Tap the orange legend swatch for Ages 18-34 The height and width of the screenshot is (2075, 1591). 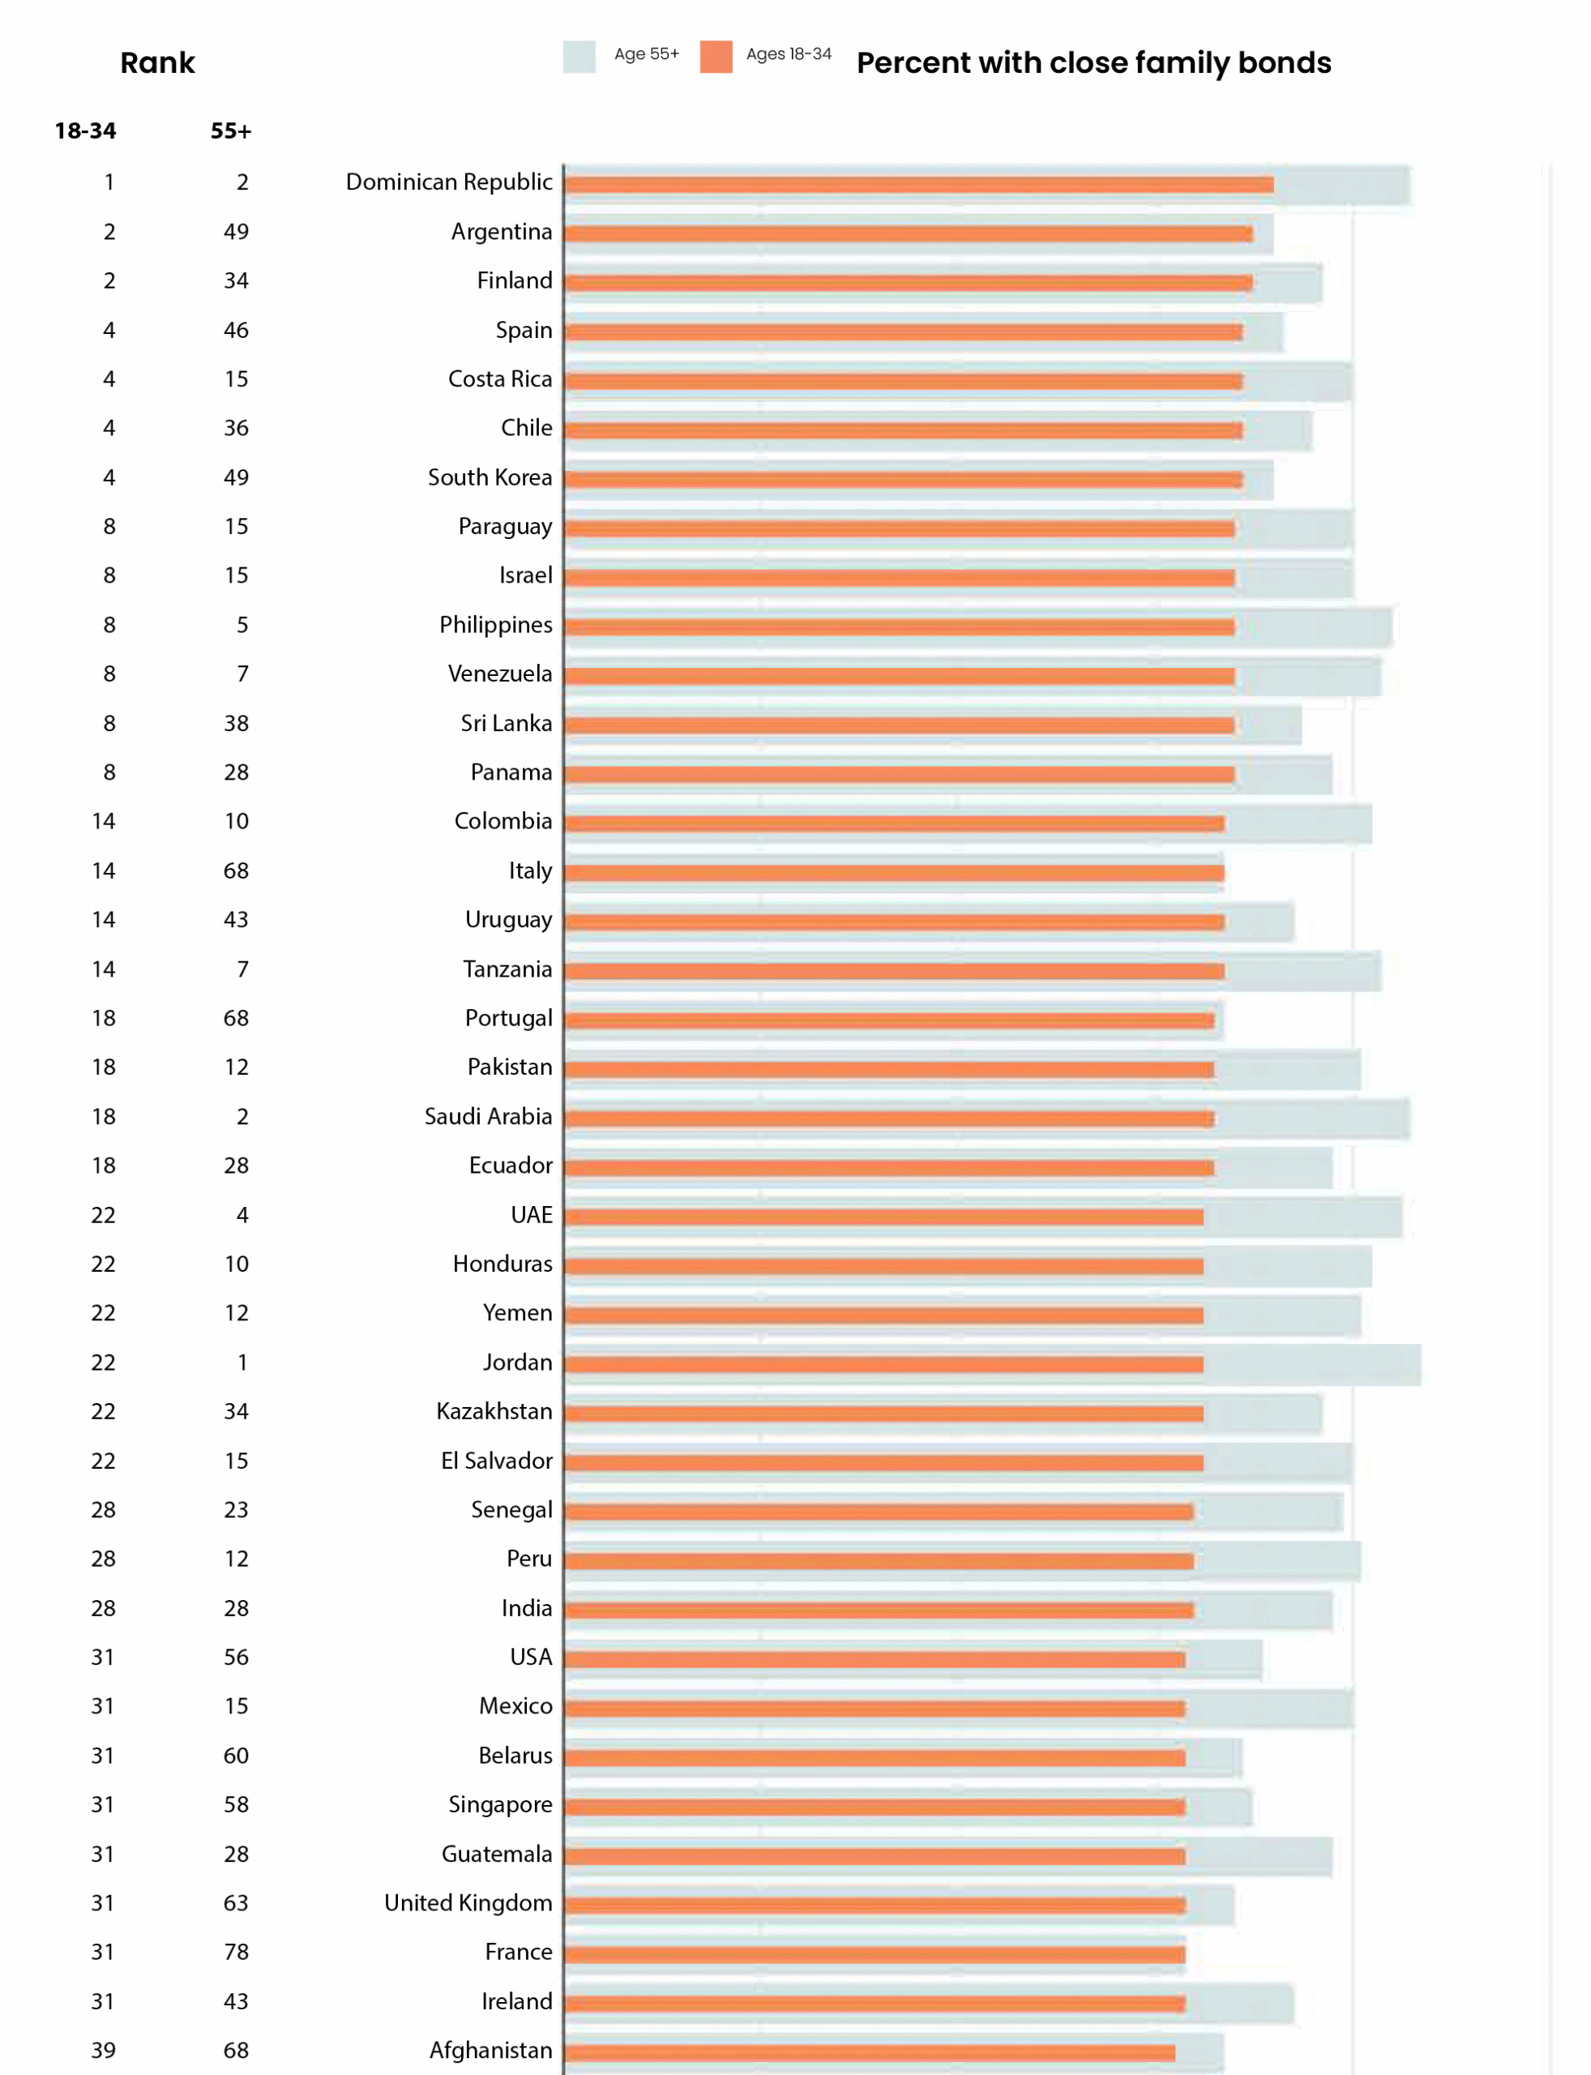click(716, 57)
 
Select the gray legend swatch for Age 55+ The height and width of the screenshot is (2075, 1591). click(579, 57)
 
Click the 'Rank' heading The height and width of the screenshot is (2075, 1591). click(157, 62)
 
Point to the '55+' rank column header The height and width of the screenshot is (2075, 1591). click(230, 130)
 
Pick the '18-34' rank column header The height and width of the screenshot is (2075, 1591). click(85, 130)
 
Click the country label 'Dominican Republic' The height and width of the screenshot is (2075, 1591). click(449, 182)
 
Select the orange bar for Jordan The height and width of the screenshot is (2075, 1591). click(883, 1364)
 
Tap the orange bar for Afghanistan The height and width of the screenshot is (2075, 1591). click(870, 2051)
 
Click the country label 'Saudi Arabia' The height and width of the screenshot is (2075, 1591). click(488, 1117)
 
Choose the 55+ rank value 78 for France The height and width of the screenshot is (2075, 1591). click(236, 1952)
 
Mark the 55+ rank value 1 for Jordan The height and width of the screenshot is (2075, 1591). click(242, 1363)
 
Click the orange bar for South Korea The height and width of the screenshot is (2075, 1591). click(904, 479)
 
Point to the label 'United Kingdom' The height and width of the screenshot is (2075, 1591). click(468, 1902)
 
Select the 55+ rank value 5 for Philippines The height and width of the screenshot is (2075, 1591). click(242, 625)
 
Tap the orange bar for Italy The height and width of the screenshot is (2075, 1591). click(894, 872)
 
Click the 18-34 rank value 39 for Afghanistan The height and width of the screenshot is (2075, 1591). click(103, 2051)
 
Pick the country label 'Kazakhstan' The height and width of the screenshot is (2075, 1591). click(494, 1411)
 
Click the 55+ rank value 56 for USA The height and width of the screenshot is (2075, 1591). click(236, 1658)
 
